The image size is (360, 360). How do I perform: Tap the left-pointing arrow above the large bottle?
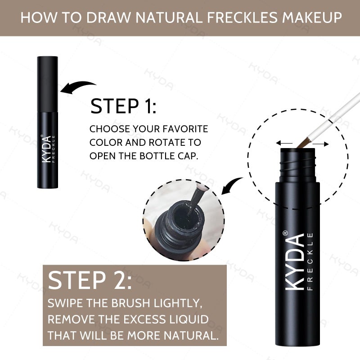pyautogui.click(x=284, y=143)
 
